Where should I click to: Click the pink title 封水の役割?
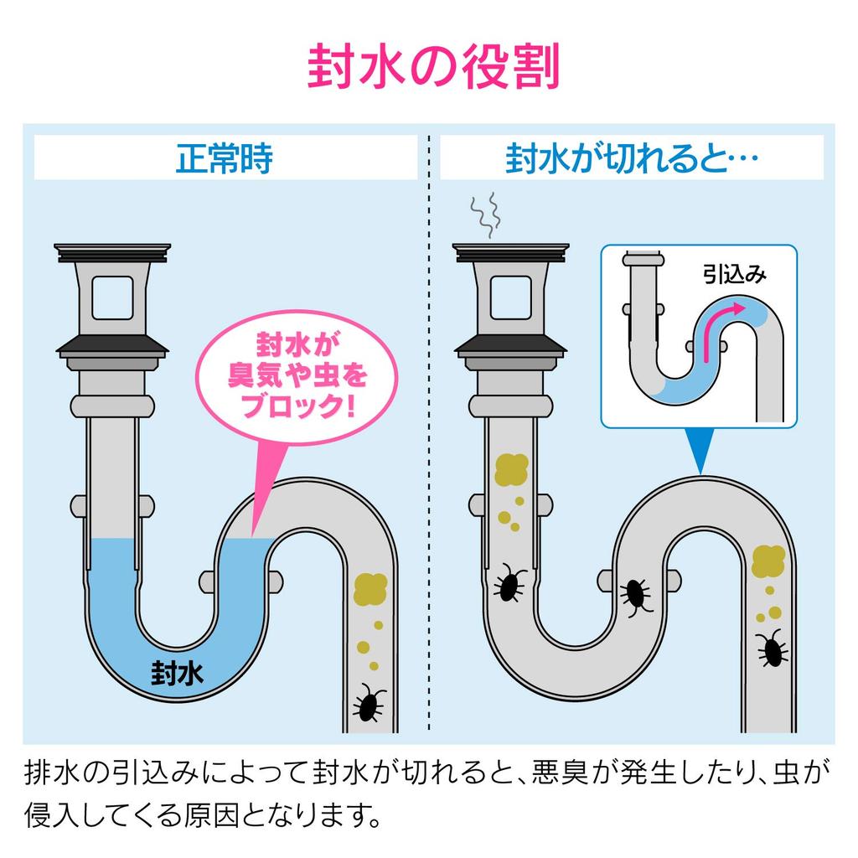[x=433, y=67]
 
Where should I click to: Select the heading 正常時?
[x=225, y=158]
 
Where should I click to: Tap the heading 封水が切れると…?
[x=632, y=158]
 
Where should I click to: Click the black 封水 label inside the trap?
[x=177, y=673]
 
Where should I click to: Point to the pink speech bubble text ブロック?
[x=298, y=406]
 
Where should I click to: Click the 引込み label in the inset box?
[x=734, y=274]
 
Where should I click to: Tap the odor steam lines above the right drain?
[x=485, y=215]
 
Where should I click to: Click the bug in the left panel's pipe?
[x=369, y=703]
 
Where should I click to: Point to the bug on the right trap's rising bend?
[x=636, y=596]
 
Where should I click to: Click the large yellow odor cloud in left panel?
[x=370, y=589]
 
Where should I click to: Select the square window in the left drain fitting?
[x=112, y=297]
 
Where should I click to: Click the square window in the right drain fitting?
[x=510, y=297]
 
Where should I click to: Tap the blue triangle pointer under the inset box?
[x=700, y=450]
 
